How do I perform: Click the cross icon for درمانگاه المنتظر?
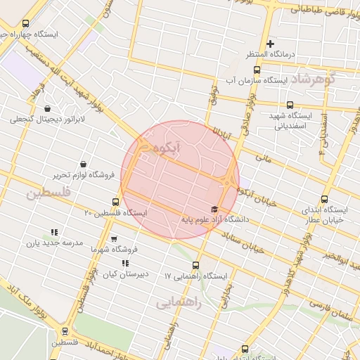click(270, 44)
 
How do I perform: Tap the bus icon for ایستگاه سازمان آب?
click(256, 70)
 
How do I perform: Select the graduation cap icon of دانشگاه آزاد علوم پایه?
click(214, 210)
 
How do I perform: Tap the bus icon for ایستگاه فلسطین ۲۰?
click(115, 202)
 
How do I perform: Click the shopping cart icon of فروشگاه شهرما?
click(114, 239)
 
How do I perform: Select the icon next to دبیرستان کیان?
click(125, 264)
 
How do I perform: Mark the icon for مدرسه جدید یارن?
click(54, 232)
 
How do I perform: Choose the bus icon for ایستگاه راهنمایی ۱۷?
click(195, 266)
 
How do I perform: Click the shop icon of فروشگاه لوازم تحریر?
click(84, 164)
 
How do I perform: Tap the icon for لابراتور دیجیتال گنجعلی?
click(47, 109)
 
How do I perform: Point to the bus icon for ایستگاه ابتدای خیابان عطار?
click(324, 200)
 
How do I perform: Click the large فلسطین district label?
click(49, 193)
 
